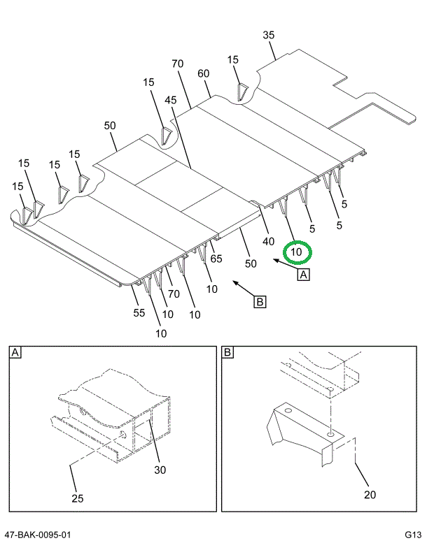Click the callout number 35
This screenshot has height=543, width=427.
pyautogui.click(x=269, y=35)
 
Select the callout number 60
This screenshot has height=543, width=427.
pyautogui.click(x=204, y=73)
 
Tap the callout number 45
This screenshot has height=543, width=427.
pyautogui.click(x=171, y=100)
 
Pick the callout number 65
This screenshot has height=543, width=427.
pyautogui.click(x=216, y=259)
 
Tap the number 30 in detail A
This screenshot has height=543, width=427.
pyautogui.click(x=160, y=470)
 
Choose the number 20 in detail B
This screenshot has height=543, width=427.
pyautogui.click(x=370, y=495)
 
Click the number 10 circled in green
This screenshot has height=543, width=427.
pyautogui.click(x=296, y=252)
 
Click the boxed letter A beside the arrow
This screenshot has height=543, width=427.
pyautogui.click(x=304, y=275)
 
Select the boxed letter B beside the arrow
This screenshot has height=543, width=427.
pyautogui.click(x=259, y=302)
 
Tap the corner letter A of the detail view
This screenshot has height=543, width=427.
pyautogui.click(x=15, y=353)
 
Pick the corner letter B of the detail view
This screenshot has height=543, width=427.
pyautogui.click(x=227, y=353)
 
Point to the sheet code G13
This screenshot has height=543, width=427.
pyautogui.click(x=412, y=535)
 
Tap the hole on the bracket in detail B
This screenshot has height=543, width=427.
pyautogui.click(x=331, y=433)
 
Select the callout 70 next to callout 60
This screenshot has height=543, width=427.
pyautogui.click(x=177, y=64)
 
